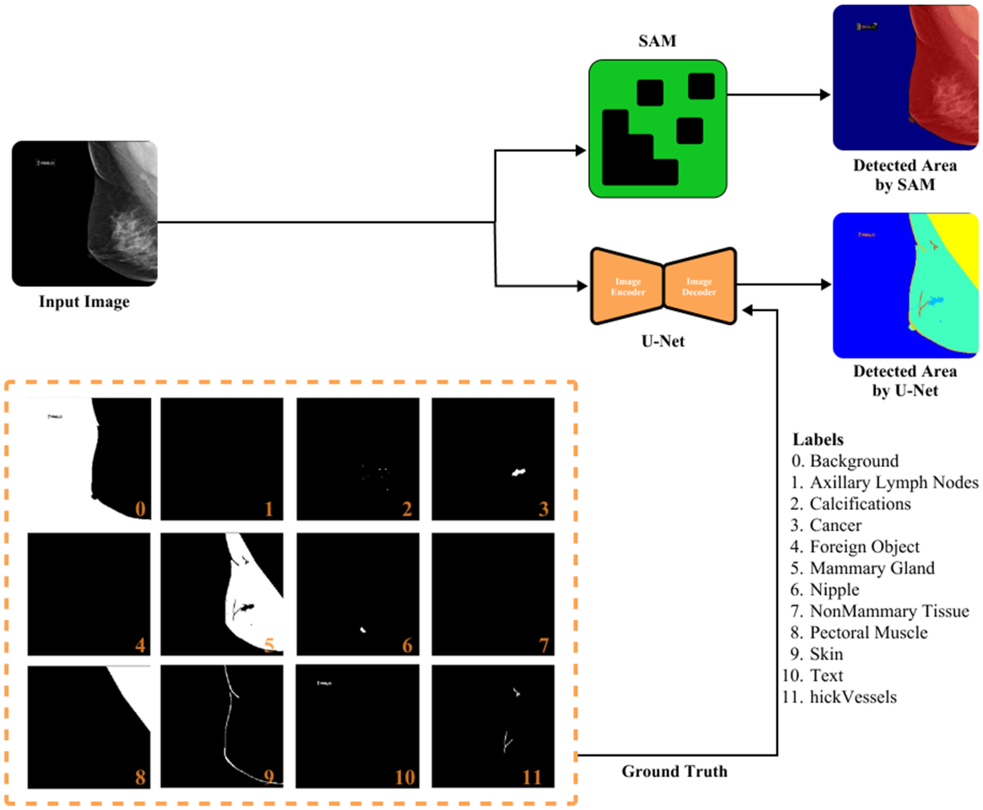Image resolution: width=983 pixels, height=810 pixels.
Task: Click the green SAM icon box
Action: coord(657,128)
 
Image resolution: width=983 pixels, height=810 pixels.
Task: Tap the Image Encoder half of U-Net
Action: coord(627,286)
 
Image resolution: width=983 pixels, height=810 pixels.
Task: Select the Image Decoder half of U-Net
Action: coord(699,286)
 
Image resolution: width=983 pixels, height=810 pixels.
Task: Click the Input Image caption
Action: coord(84,301)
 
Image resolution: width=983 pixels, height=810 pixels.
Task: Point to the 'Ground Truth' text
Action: coord(674,771)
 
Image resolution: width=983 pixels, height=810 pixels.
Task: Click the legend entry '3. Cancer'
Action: coord(826,525)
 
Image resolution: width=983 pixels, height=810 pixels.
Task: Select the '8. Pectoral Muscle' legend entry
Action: coord(858,632)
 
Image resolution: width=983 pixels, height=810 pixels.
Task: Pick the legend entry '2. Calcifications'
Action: coord(850,504)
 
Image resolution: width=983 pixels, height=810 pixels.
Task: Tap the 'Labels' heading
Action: coord(818,439)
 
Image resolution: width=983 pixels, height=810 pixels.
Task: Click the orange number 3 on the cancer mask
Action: coord(543,509)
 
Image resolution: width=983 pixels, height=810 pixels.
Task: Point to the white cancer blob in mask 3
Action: coord(518,473)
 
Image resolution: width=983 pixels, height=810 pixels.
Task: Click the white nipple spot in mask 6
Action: coord(363,630)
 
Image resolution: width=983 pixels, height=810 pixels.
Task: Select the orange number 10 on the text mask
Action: coord(404,777)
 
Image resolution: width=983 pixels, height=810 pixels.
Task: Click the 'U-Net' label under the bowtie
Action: coord(662,341)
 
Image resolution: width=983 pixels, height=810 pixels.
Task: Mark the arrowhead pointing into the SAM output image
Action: coord(825,95)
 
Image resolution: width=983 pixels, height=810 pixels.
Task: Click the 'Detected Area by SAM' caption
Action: coord(904,175)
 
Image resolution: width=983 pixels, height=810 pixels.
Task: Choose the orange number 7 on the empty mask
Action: coord(543,646)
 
